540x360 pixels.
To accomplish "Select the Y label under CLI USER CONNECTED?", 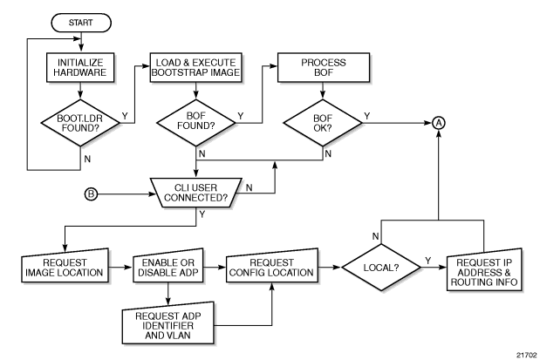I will [x=203, y=212].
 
